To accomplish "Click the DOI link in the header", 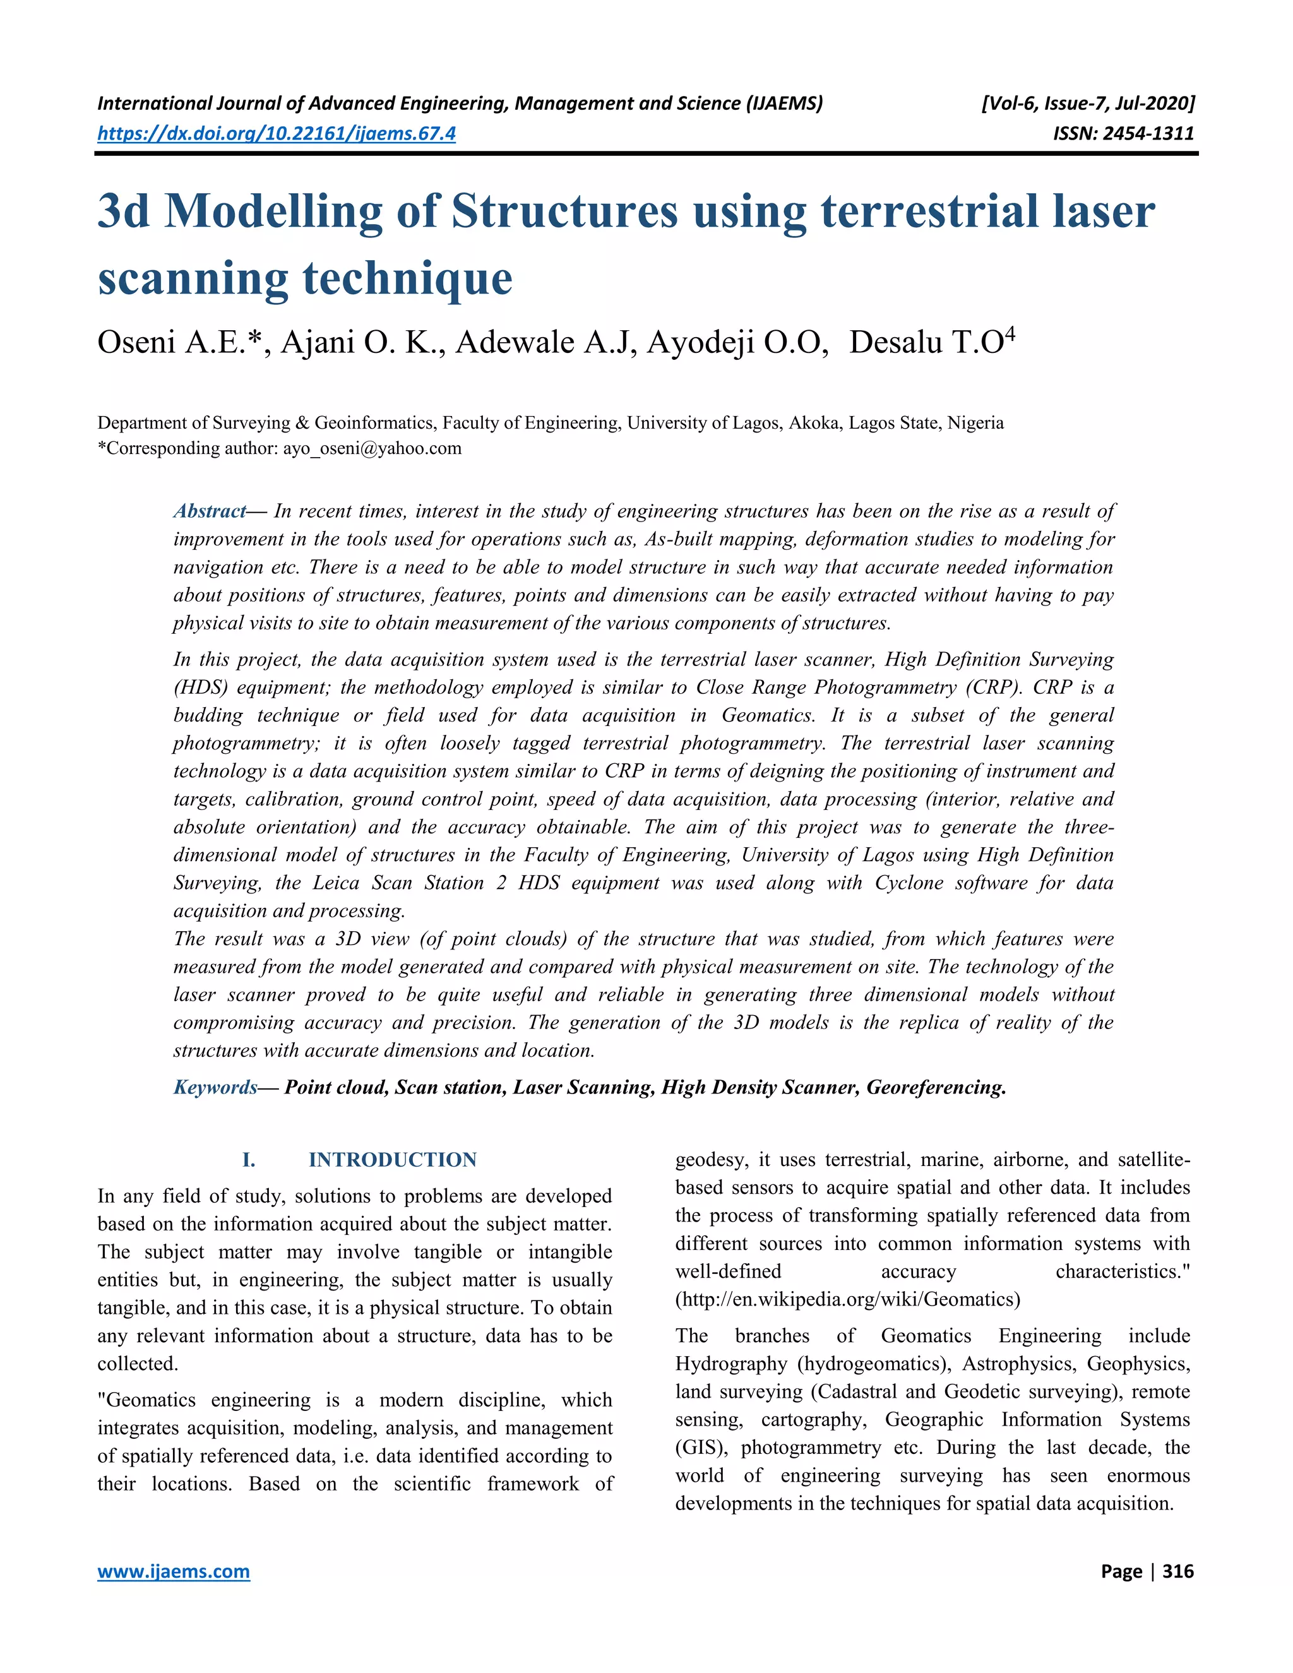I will [276, 134].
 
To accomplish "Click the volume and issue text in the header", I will [1087, 104].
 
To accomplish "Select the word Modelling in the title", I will [273, 211].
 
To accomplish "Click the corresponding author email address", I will [372, 448].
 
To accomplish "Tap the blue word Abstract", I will [209, 511].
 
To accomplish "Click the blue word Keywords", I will [215, 1087].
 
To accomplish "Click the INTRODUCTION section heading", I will [392, 1160].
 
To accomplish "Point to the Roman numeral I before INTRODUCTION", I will [248, 1160].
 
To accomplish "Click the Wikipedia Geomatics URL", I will [847, 1300].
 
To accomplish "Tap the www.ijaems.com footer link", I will [173, 1571].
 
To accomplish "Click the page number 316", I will [1178, 1571].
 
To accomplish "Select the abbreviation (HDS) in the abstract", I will [201, 687].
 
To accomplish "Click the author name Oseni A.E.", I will [179, 342].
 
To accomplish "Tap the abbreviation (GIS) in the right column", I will [701, 1448].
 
